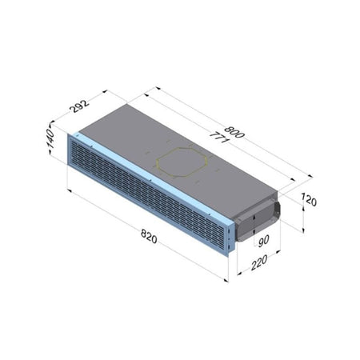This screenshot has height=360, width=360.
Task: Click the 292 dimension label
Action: [79, 106]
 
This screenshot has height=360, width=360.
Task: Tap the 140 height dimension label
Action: [50, 138]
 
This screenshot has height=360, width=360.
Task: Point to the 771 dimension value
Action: [218, 137]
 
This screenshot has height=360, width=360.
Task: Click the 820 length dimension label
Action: [149, 237]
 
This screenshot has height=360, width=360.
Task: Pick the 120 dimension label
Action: [309, 200]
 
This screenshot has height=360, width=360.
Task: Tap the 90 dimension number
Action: [263, 241]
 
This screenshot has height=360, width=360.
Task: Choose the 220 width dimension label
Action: [259, 262]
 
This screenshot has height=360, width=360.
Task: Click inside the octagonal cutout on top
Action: [182, 162]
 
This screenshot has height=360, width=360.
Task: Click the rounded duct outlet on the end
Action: [258, 219]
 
